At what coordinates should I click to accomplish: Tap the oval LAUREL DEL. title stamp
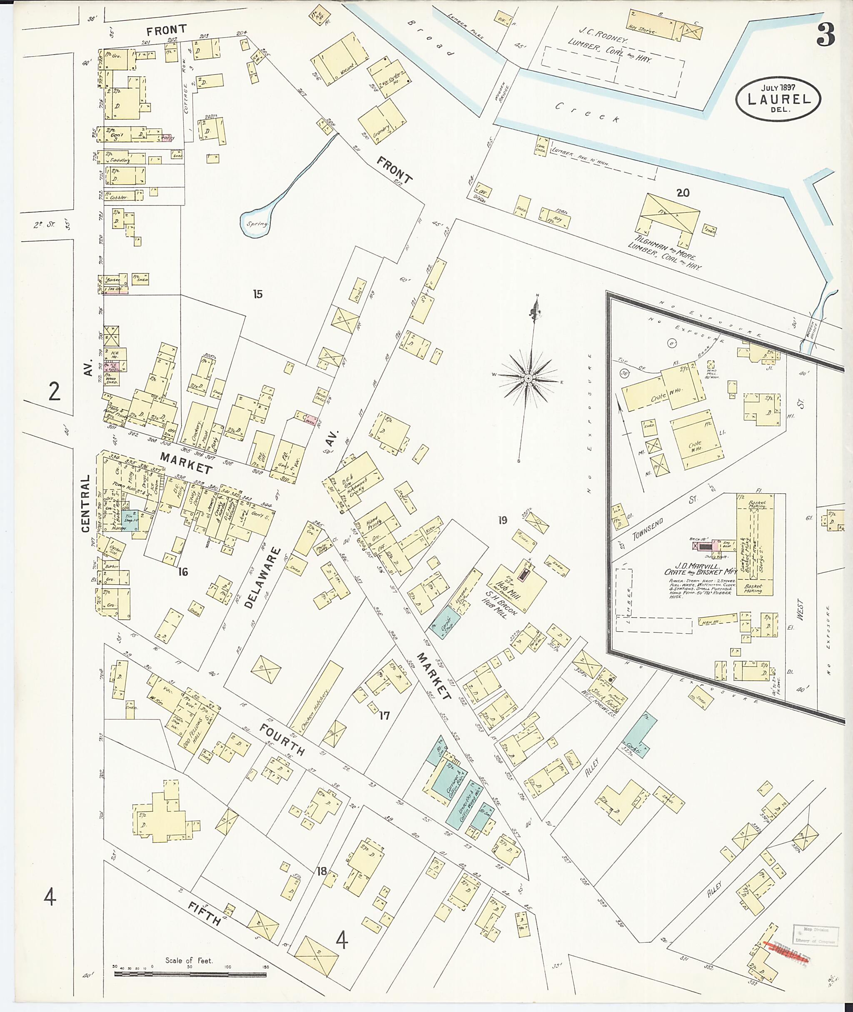click(x=778, y=99)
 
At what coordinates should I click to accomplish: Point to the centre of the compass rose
click(x=529, y=378)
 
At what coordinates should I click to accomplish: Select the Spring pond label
click(x=256, y=225)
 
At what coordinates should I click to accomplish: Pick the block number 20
click(x=682, y=193)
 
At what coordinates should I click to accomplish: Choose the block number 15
click(x=258, y=294)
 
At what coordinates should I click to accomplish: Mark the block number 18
click(x=321, y=872)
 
